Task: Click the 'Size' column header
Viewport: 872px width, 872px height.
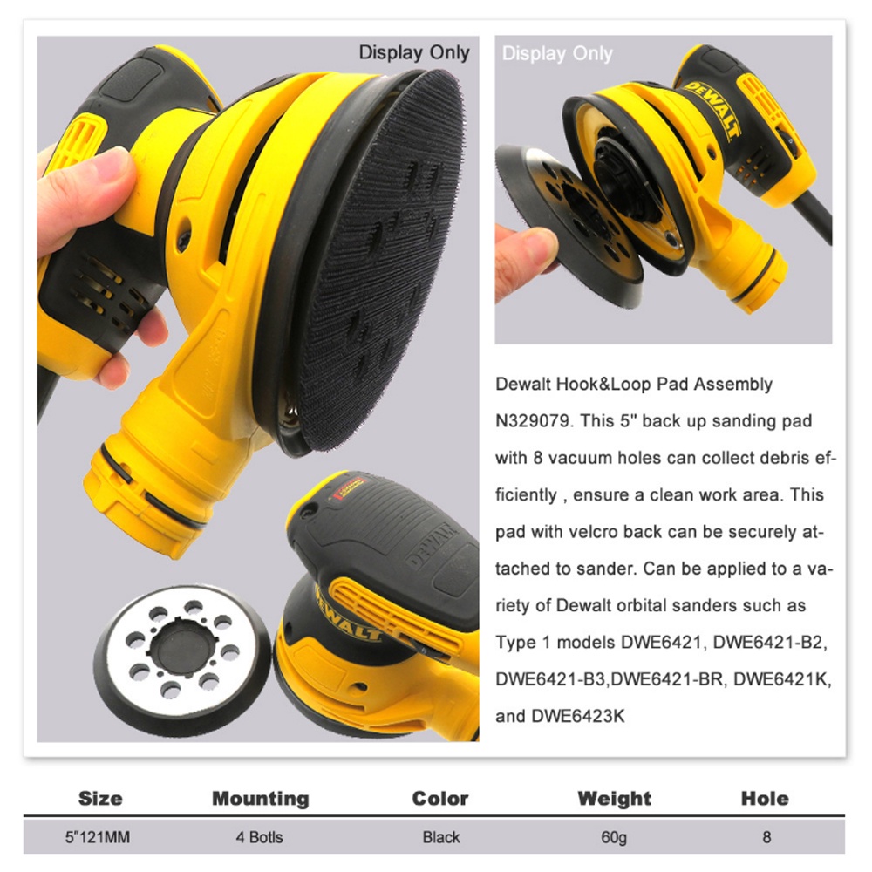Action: pos(100,798)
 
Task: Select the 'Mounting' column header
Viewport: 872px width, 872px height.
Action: pos(261,798)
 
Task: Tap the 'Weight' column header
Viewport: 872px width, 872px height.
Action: pos(614,798)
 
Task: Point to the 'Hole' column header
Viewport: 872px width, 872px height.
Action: pos(765,798)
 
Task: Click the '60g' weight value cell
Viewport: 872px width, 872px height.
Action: pos(614,838)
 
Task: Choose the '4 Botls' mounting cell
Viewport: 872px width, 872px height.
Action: pos(260,838)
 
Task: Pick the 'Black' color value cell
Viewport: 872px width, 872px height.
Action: pos(440,838)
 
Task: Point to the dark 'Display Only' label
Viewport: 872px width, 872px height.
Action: pos(414,52)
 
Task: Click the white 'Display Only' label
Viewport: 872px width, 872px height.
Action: pos(557,54)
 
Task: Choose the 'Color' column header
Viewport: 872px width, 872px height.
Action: pos(440,798)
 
